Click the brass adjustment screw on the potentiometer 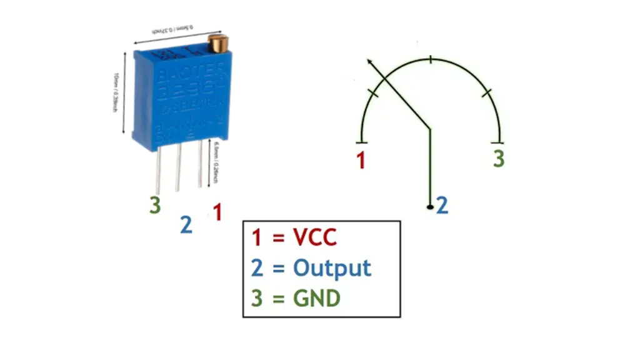216,44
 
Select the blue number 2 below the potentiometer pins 186,225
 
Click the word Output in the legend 332,268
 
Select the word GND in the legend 317,298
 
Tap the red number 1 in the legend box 256,237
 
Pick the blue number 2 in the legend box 257,268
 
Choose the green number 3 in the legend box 257,298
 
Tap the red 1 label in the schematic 361,161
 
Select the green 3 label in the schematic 498,159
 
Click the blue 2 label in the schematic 442,205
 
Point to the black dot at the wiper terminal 429,206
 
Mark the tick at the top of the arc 431,59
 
